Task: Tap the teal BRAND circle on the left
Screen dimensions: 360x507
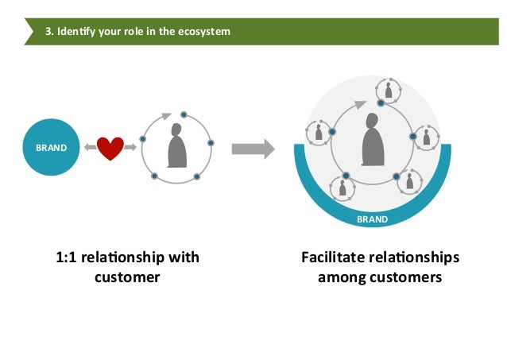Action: tap(51, 148)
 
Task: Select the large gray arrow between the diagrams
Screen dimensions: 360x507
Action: tap(253, 148)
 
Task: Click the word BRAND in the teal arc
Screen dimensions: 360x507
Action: tap(372, 219)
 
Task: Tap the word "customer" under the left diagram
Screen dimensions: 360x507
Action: tap(127, 277)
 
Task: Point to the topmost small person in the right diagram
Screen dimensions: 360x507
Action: tap(389, 90)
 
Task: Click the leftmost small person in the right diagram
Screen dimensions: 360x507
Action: tap(319, 133)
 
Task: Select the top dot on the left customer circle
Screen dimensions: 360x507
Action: tap(184, 114)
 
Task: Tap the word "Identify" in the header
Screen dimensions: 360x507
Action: tap(77, 32)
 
